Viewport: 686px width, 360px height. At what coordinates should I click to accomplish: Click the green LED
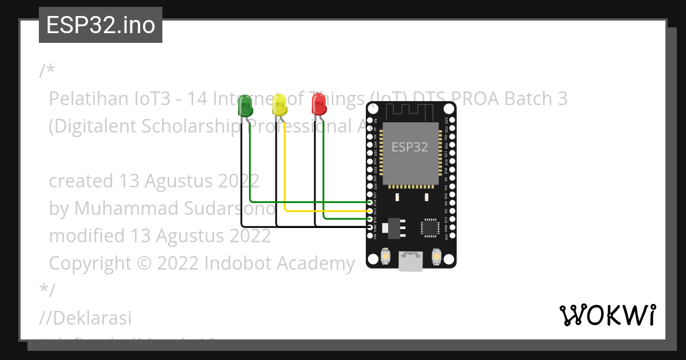pos(245,106)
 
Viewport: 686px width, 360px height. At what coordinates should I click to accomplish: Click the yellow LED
pos(280,105)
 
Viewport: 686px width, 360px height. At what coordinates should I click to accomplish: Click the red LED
pos(318,105)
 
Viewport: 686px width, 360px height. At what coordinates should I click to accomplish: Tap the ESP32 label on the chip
pos(409,147)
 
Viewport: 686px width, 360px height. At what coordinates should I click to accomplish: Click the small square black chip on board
pos(430,227)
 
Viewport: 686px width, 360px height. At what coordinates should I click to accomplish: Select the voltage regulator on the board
pos(392,227)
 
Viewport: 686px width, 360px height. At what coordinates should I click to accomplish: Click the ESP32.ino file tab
pos(101,25)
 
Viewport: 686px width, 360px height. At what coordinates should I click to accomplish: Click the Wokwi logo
pos(607,315)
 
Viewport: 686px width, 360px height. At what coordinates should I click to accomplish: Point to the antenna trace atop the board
pos(412,111)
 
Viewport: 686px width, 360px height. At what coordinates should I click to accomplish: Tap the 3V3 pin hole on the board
pos(452,235)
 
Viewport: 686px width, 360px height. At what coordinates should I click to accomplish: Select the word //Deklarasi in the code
pos(86,317)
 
